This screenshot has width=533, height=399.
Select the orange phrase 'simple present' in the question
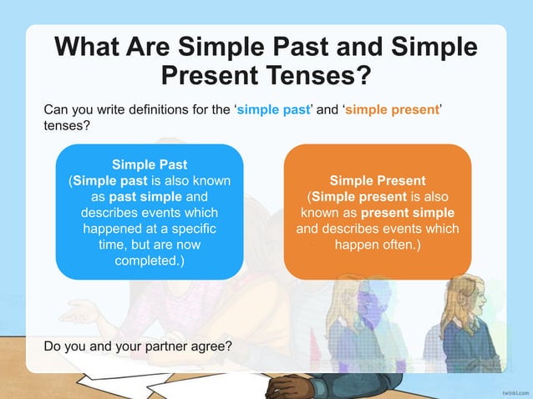pos(392,109)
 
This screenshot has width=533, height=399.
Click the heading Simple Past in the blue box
pos(150,164)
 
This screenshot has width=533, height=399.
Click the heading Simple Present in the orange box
pos(378,180)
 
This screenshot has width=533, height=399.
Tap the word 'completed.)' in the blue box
pos(150,261)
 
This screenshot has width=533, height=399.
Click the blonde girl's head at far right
pos(464,292)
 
